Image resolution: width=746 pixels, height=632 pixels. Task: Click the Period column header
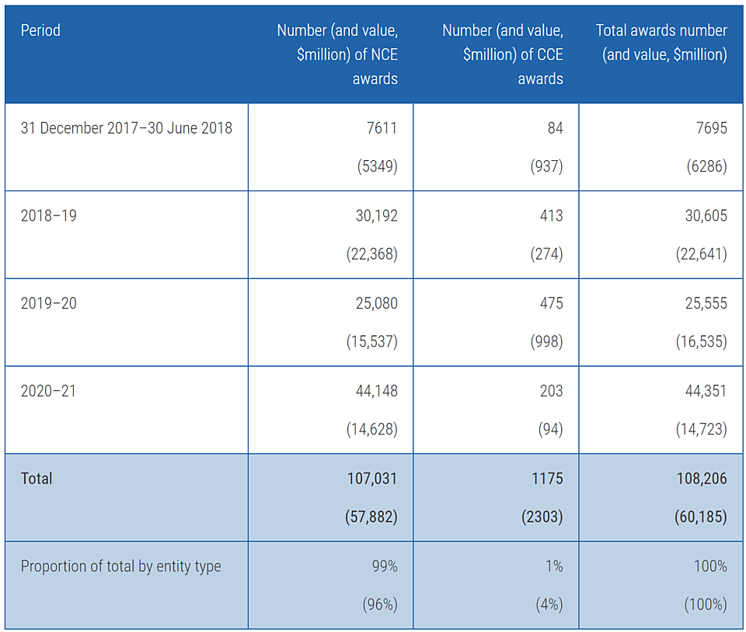click(40, 30)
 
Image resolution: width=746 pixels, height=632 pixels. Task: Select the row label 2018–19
click(48, 215)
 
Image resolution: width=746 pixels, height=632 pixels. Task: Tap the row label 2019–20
click(48, 303)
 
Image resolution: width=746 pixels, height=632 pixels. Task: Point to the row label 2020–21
click(48, 391)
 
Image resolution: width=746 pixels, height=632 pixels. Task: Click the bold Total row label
click(37, 478)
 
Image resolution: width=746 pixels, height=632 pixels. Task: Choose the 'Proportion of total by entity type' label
click(121, 567)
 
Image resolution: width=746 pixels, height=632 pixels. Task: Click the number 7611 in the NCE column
click(382, 128)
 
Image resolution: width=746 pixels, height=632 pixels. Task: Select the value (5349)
click(378, 166)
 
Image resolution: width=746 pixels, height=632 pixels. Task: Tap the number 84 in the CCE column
click(555, 128)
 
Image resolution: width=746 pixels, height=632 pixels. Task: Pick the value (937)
click(546, 166)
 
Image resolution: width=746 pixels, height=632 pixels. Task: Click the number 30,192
click(376, 215)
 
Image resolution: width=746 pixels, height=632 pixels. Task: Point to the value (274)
click(546, 253)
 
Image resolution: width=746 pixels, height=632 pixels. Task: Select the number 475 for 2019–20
click(551, 303)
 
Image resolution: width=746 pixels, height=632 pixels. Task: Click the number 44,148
click(376, 391)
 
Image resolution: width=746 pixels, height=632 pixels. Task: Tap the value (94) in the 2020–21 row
click(550, 429)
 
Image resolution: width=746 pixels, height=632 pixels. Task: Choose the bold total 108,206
click(702, 478)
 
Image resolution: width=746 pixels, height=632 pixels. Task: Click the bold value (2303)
click(542, 516)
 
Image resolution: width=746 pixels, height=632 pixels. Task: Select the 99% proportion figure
click(385, 566)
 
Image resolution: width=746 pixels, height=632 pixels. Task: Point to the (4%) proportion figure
click(549, 604)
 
